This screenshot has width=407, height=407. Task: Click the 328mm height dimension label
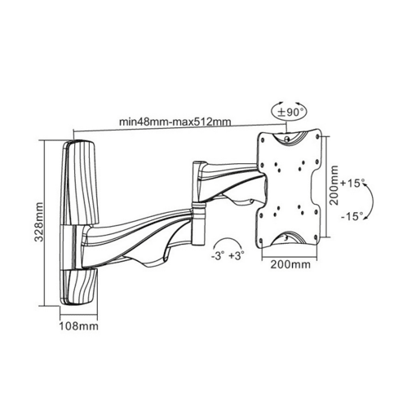pyautogui.click(x=40, y=222)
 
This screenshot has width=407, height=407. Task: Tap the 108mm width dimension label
pyautogui.click(x=79, y=325)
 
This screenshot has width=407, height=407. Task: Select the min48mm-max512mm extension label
pyautogui.click(x=175, y=122)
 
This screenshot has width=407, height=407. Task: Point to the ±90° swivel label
pyautogui.click(x=288, y=113)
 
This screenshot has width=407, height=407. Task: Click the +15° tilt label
pyautogui.click(x=352, y=183)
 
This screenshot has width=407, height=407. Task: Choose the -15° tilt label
pyautogui.click(x=352, y=217)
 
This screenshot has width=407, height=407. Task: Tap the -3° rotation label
pyautogui.click(x=218, y=256)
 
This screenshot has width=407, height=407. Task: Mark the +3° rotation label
pyautogui.click(x=237, y=256)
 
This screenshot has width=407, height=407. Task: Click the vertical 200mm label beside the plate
pyautogui.click(x=334, y=185)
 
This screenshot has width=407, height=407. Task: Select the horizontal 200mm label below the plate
pyautogui.click(x=290, y=264)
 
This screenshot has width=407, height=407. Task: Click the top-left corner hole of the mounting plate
pyautogui.click(x=263, y=139)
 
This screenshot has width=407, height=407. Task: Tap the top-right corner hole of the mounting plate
pyautogui.click(x=316, y=135)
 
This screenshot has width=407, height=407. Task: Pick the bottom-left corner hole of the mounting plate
pyautogui.click(x=262, y=241)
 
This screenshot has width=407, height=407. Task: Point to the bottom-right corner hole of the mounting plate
pyautogui.click(x=316, y=237)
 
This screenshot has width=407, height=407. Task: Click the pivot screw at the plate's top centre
pyautogui.click(x=287, y=139)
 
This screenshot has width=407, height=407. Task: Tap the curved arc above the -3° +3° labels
pyautogui.click(x=227, y=240)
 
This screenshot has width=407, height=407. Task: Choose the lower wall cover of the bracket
pyautogui.click(x=79, y=288)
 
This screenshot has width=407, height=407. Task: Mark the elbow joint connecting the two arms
pyautogui.click(x=198, y=223)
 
